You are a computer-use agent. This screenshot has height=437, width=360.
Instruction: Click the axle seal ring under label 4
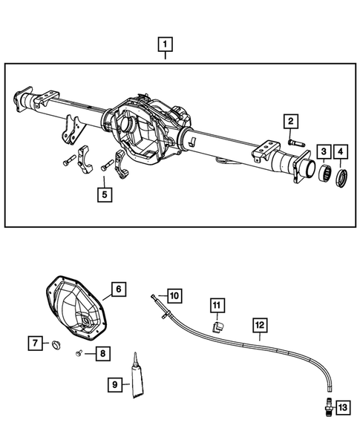tap(342, 178)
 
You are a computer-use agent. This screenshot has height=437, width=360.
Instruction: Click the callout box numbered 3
tap(324, 153)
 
